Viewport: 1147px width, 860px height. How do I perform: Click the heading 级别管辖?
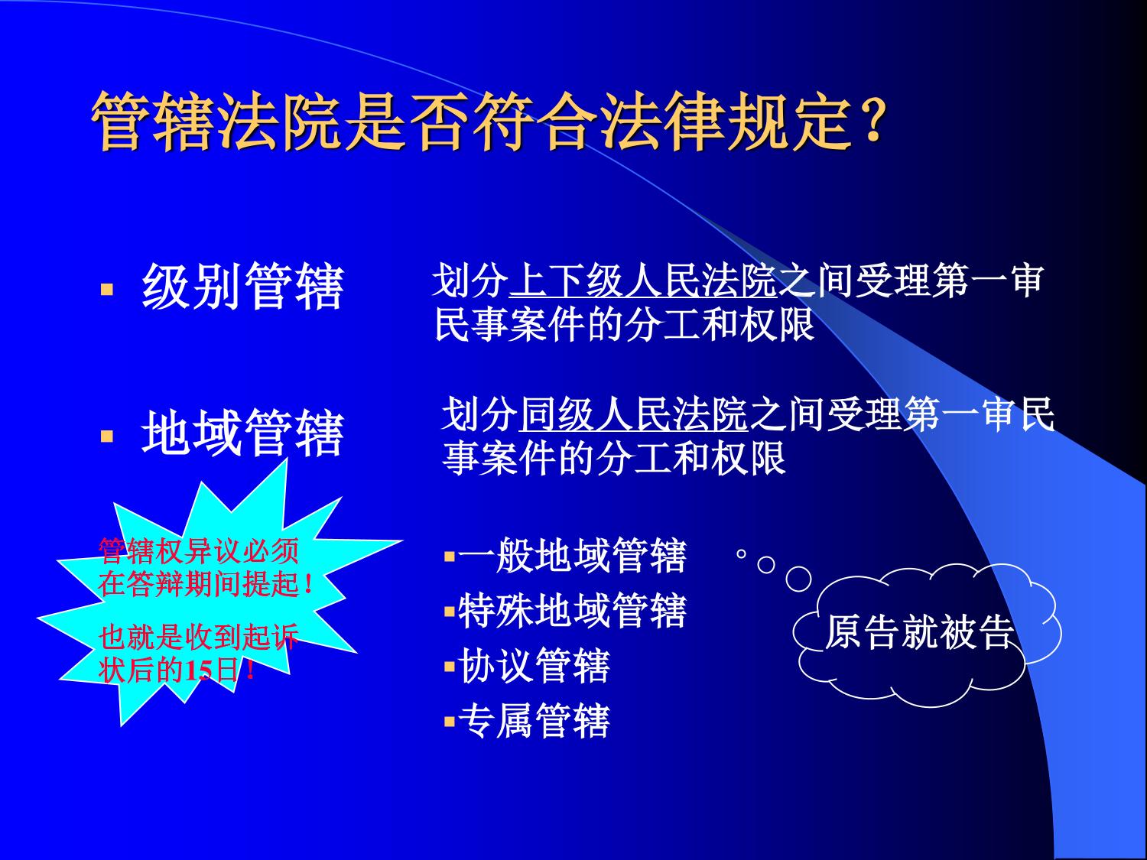pos(242,286)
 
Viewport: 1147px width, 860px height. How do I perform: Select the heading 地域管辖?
pos(242,433)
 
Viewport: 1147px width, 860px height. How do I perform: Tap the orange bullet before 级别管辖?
pos(106,289)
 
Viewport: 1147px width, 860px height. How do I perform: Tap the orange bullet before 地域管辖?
pos(106,436)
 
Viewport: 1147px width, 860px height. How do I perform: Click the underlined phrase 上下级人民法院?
pos(643,281)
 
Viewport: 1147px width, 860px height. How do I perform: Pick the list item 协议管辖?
pos(534,666)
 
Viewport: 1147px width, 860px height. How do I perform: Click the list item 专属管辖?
pos(534,721)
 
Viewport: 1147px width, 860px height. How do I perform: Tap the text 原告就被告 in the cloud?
pos(919,632)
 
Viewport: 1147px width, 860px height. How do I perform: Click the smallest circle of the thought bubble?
pos(741,554)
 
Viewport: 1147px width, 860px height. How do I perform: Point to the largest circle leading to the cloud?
pos(798,579)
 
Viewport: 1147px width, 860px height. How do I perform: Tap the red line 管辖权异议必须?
pos(199,551)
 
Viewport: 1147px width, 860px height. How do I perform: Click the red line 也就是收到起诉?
pos(199,637)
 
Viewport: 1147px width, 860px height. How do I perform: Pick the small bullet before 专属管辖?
pos(450,722)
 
